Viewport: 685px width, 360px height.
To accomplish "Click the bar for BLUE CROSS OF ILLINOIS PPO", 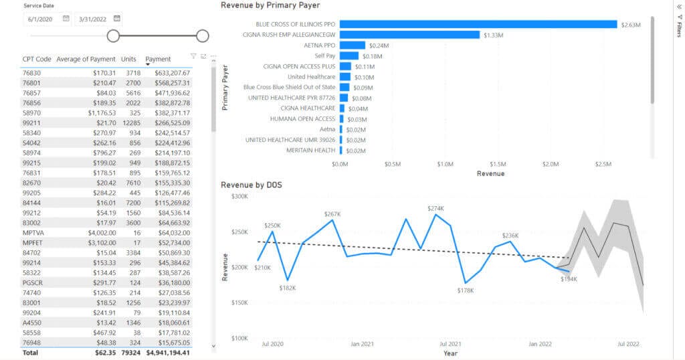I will pyautogui.click(x=478, y=24).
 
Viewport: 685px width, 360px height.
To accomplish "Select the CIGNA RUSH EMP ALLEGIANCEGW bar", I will pyautogui.click(x=409, y=35).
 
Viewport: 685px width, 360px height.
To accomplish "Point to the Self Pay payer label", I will pyautogui.click(x=324, y=56).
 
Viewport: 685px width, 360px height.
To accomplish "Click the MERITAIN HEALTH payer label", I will pyautogui.click(x=310, y=150).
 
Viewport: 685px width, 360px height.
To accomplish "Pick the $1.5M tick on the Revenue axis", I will pyautogui.click(x=498, y=164).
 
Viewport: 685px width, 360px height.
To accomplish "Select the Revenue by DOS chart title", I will pyautogui.click(x=252, y=185).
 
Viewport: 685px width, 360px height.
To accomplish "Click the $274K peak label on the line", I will pyautogui.click(x=435, y=208).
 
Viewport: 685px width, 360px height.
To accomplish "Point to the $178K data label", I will pyautogui.click(x=466, y=290).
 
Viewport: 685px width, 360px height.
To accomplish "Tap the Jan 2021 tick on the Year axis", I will pyautogui.click(x=362, y=344).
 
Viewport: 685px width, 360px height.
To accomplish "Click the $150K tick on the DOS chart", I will pyautogui.click(x=239, y=303).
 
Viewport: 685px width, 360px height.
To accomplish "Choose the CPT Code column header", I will pyautogui.click(x=37, y=59).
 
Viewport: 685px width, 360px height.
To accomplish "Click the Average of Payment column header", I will pyautogui.click(x=86, y=59).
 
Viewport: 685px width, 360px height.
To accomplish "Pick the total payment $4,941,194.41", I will pyautogui.click(x=167, y=353).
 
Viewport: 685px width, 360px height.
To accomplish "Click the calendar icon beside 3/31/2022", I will pyautogui.click(x=117, y=19).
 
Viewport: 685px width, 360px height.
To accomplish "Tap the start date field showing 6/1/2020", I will pyautogui.click(x=41, y=19).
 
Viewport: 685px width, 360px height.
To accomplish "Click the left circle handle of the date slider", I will pyautogui.click(x=113, y=35).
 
